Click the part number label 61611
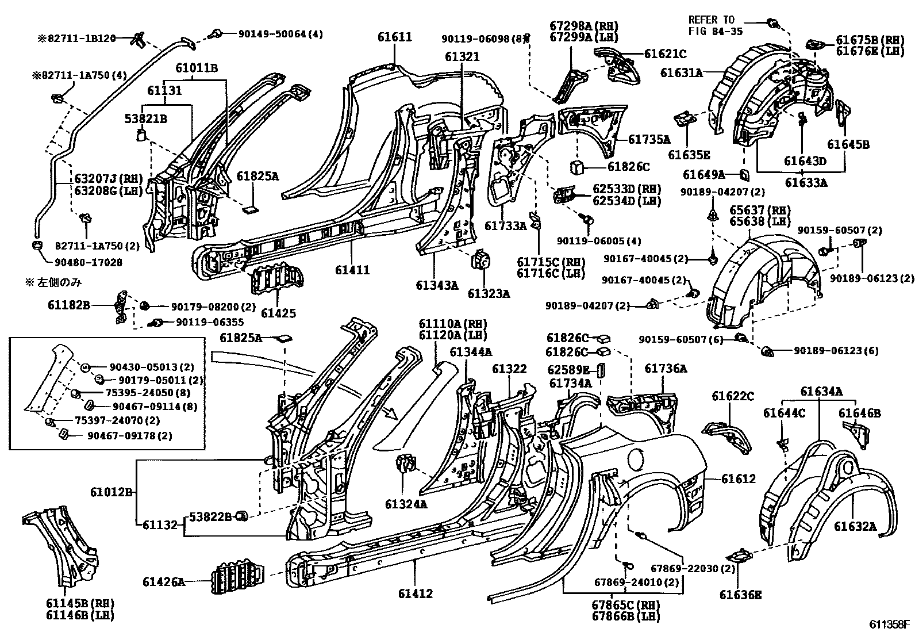pyautogui.click(x=394, y=37)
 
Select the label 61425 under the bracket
pyautogui.click(x=278, y=313)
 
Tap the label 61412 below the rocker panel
pyautogui.click(x=415, y=593)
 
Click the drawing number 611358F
pyautogui.click(x=889, y=625)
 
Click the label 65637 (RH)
pyautogui.click(x=759, y=210)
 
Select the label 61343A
pyautogui.click(x=437, y=284)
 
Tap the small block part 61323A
pyautogui.click(x=480, y=261)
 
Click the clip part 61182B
pyautogui.click(x=121, y=306)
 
